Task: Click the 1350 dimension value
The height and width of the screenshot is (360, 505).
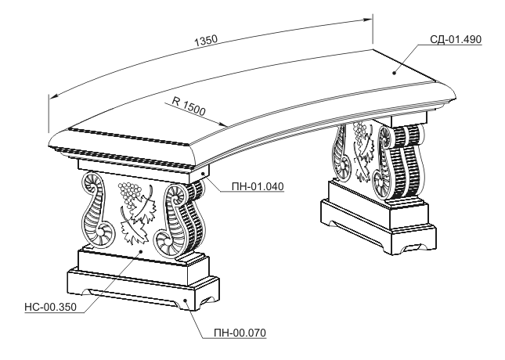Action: tap(206, 41)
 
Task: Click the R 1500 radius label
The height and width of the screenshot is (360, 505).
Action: tap(189, 106)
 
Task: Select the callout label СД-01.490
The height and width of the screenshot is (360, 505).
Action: tap(456, 39)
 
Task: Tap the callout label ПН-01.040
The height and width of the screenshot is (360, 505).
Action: tap(258, 186)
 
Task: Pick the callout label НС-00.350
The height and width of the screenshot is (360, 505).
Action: tap(51, 308)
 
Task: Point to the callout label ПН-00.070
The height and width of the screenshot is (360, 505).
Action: tap(240, 333)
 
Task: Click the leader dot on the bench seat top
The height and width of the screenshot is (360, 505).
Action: tap(394, 73)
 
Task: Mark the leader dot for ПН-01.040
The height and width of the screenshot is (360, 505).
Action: tap(204, 174)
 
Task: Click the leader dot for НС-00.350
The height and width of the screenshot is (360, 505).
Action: tap(140, 251)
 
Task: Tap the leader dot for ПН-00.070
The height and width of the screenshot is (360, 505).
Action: tap(186, 300)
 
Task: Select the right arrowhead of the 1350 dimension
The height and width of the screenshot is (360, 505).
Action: tap(367, 20)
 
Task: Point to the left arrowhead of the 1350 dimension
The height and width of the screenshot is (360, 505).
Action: tap(53, 96)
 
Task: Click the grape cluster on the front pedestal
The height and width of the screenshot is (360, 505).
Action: tap(129, 193)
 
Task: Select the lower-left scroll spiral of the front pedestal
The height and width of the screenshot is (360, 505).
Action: tap(104, 232)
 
